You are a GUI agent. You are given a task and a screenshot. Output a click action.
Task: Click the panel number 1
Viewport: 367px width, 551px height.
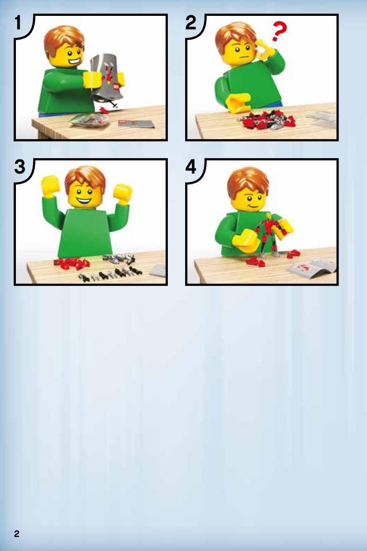18,23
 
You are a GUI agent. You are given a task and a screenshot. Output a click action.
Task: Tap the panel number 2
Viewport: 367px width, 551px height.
191,23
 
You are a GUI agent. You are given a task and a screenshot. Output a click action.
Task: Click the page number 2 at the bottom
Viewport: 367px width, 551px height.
16,534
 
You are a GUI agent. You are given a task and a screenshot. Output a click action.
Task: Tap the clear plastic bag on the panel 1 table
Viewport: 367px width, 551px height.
90,120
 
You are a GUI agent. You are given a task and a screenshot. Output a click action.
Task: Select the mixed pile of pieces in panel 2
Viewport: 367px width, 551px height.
266,120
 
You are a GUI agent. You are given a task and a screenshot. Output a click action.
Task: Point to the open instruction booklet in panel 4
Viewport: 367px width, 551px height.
311,269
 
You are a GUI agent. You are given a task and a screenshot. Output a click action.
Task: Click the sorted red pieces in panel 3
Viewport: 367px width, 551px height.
72,263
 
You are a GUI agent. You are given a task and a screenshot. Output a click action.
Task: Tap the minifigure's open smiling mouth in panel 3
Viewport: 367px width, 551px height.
85,202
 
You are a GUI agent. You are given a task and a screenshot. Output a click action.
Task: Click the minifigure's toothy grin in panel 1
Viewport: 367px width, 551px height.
74,64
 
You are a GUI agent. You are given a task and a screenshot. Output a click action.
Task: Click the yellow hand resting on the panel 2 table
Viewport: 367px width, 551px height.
238,103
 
